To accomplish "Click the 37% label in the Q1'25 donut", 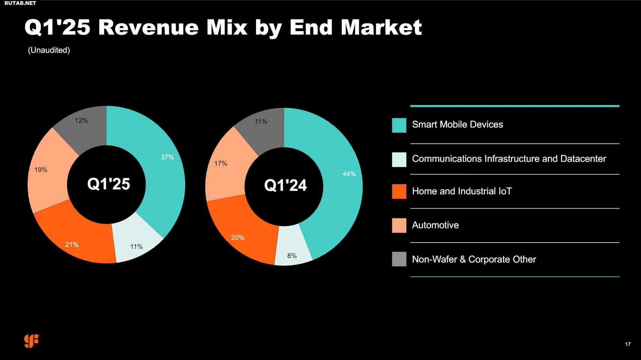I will point(167,157).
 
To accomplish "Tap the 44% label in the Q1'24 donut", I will point(349,174).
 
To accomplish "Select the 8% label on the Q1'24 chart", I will point(292,256).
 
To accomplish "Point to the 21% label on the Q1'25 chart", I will point(72,244).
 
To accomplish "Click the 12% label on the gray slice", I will point(81,120).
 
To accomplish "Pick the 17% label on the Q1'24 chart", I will point(221,163).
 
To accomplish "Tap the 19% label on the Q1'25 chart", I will point(41,170).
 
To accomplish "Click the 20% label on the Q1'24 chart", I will point(238,237).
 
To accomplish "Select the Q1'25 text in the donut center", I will point(108,184).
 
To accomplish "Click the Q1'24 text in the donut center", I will point(285,185).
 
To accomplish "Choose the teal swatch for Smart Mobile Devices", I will point(399,125).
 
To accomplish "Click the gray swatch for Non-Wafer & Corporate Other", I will point(399,259).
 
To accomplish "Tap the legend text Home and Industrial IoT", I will point(462,191).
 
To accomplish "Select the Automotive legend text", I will point(435,225).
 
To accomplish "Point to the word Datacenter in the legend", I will point(583,159).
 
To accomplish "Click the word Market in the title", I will point(381,27).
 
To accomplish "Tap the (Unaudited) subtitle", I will point(49,50).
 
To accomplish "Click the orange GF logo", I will point(31,341).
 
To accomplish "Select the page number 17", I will point(628,344).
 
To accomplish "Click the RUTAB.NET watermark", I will point(20,3).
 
